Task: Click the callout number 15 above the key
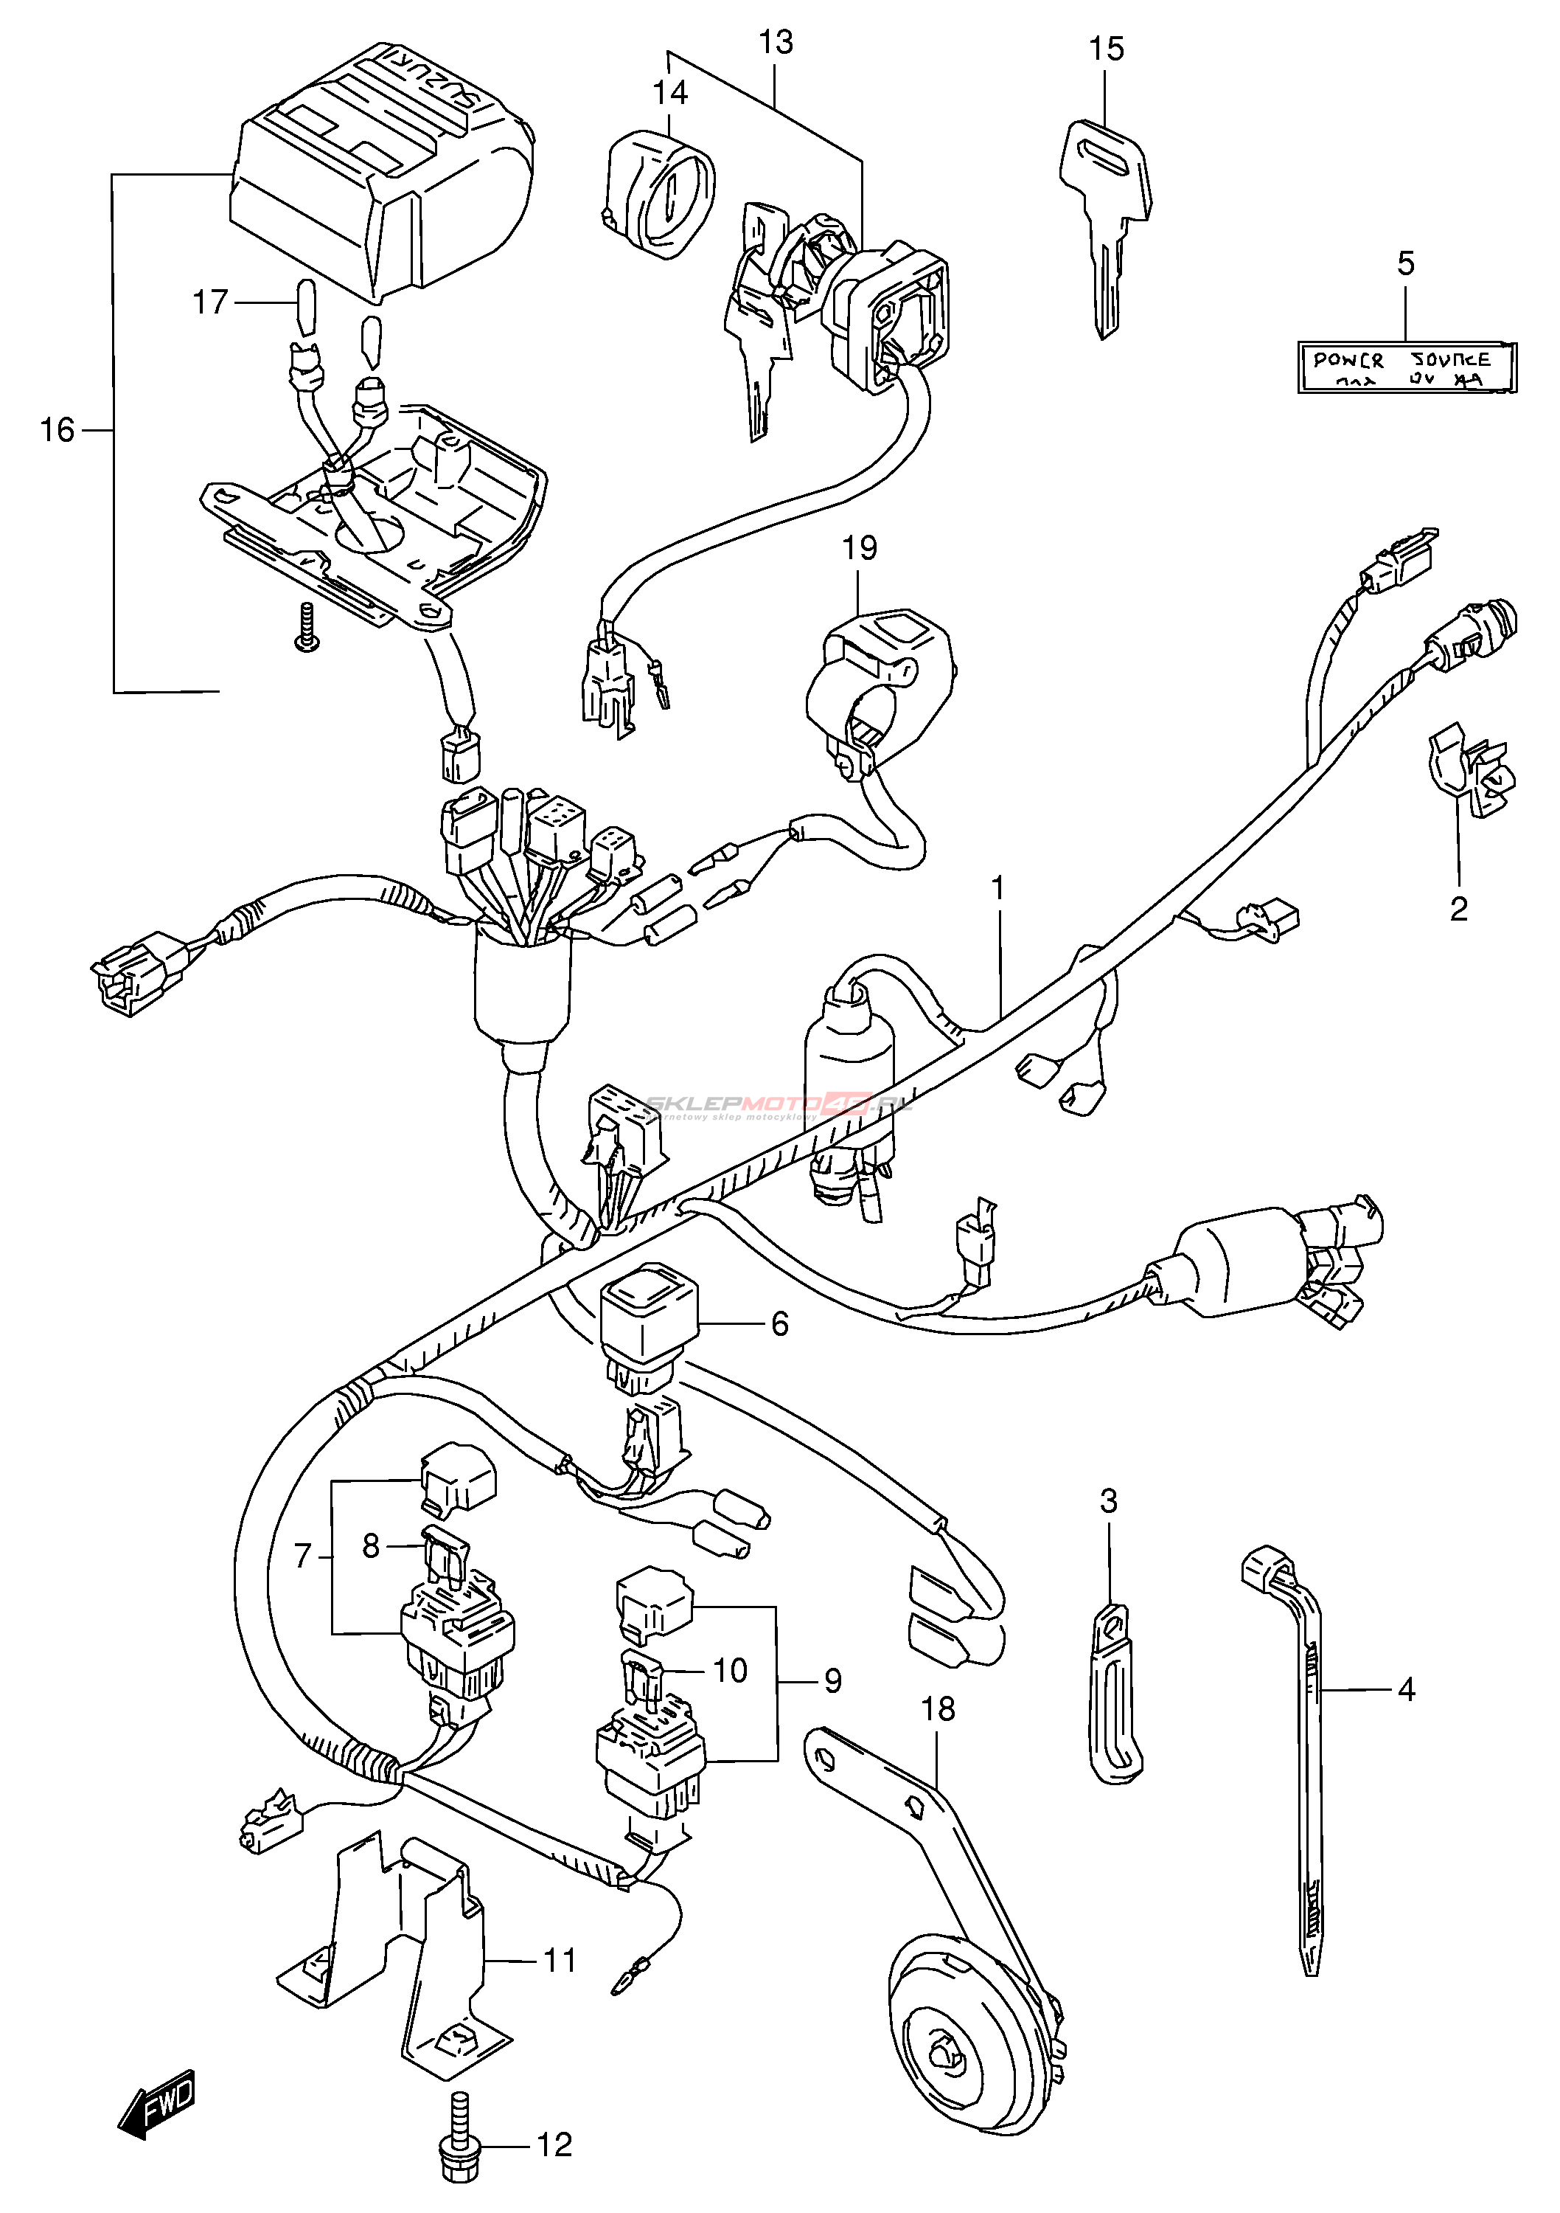(x=1106, y=48)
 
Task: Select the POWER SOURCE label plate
(x=1406, y=367)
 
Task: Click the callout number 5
(x=1406, y=262)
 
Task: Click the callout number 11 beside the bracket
(x=560, y=1961)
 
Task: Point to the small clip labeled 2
(x=1469, y=776)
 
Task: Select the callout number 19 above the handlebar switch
(x=860, y=548)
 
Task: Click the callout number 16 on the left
(x=57, y=430)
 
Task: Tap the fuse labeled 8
(x=446, y=1556)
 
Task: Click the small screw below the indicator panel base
(x=307, y=628)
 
